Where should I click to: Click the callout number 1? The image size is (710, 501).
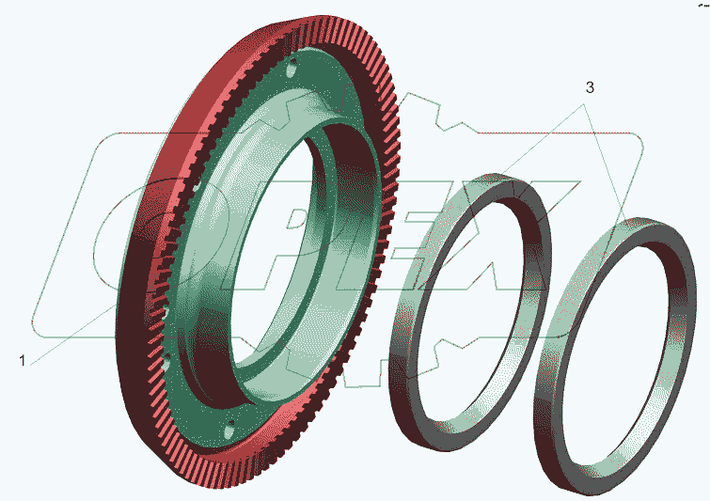click(23, 361)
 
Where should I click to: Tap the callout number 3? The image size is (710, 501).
click(590, 87)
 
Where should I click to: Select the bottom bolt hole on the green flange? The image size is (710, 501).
click(230, 429)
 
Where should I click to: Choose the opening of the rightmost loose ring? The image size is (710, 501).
click(616, 357)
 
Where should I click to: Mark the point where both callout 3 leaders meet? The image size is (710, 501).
click(583, 104)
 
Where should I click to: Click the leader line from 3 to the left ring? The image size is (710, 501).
click(526, 149)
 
